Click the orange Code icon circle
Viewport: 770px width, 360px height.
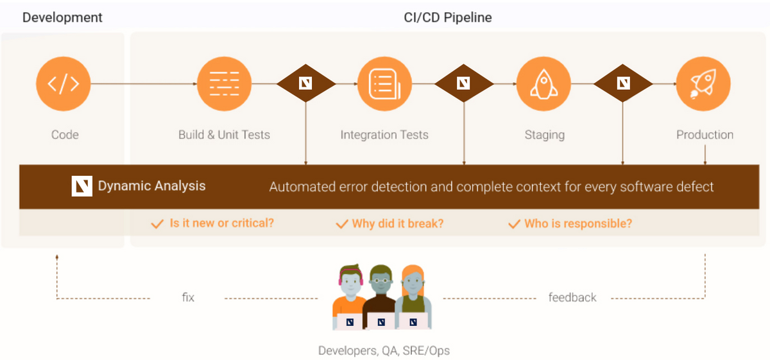(63, 84)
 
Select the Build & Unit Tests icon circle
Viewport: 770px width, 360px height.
(223, 84)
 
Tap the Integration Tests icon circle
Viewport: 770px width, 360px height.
(384, 84)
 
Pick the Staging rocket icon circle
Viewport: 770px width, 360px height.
(543, 84)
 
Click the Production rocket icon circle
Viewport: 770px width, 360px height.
(703, 84)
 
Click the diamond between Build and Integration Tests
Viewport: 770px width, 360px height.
(306, 83)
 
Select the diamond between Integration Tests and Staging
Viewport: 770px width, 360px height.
(464, 83)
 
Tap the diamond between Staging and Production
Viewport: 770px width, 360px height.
(623, 83)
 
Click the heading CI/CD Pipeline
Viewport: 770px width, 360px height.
(447, 17)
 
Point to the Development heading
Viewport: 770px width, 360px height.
(62, 17)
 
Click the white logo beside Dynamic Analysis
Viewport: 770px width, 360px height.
(82, 186)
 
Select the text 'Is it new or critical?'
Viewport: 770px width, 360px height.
(221, 223)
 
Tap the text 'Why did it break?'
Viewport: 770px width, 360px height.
(397, 223)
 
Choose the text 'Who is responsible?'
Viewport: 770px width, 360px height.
(577, 223)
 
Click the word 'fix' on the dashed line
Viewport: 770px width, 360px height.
(187, 298)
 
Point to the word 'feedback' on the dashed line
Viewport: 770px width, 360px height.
(572, 298)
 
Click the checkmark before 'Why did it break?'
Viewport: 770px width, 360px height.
(342, 224)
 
